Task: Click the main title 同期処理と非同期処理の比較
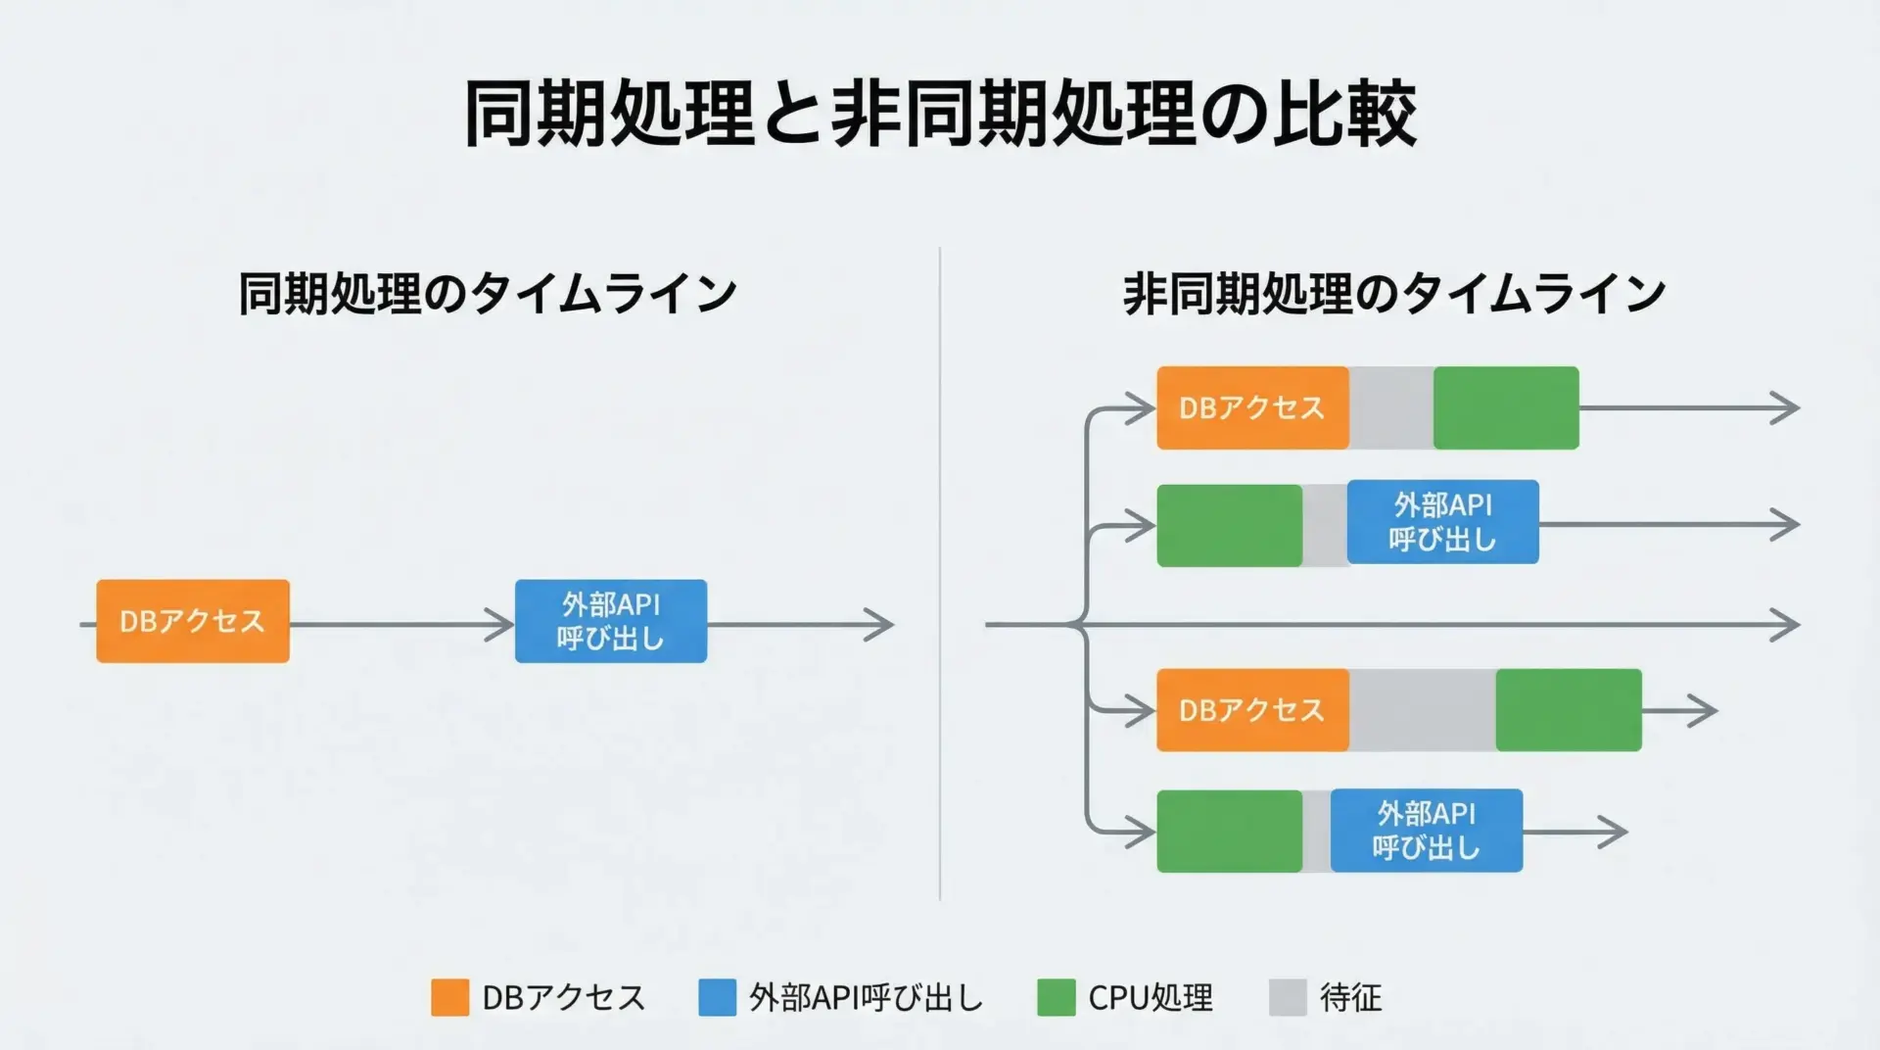[940, 114]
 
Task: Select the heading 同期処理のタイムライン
[487, 293]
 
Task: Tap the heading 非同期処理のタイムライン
[1393, 293]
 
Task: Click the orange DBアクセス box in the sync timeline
[193, 621]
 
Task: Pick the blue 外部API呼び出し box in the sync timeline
[611, 621]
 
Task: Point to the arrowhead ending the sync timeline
[881, 624]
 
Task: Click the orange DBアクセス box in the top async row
[1252, 407]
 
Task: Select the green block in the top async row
[1506, 407]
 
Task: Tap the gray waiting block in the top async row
[1390, 407]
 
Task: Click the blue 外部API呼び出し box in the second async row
[1442, 522]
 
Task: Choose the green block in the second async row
[1229, 525]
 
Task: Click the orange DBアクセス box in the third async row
[1252, 710]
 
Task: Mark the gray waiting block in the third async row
[1422, 710]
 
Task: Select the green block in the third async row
[1569, 710]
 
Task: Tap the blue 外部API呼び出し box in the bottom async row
[1427, 831]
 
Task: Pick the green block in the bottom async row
[1229, 831]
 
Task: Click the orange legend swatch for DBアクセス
[450, 997]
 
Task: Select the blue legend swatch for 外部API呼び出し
[717, 997]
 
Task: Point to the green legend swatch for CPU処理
[1056, 997]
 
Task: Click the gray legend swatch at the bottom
[1288, 997]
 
